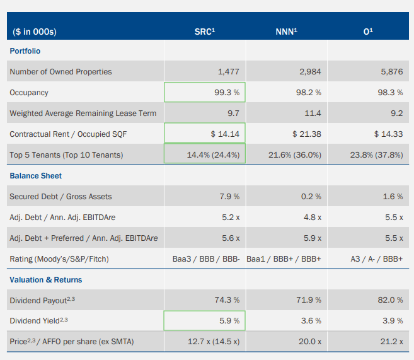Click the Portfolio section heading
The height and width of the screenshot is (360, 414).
pos(25,51)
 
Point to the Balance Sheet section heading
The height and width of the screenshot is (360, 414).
pos(36,176)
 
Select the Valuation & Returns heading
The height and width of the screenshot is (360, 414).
pos(46,280)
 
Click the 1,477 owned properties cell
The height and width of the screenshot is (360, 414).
pos(228,72)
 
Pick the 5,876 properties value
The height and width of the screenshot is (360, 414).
pos(391,72)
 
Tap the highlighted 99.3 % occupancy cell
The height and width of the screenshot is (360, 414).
pos(205,93)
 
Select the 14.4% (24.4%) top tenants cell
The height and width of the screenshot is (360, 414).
pos(205,155)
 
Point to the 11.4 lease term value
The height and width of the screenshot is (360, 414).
pos(313,113)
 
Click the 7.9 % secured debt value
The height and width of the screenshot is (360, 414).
pos(229,197)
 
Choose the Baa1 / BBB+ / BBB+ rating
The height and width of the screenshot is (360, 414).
pos(284,259)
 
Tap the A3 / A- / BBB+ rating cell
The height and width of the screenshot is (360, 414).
pos(377,259)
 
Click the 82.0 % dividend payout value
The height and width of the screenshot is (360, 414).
pos(390,301)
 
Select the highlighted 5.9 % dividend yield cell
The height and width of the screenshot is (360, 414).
pos(205,322)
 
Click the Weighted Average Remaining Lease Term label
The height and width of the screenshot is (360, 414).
pos(83,113)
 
